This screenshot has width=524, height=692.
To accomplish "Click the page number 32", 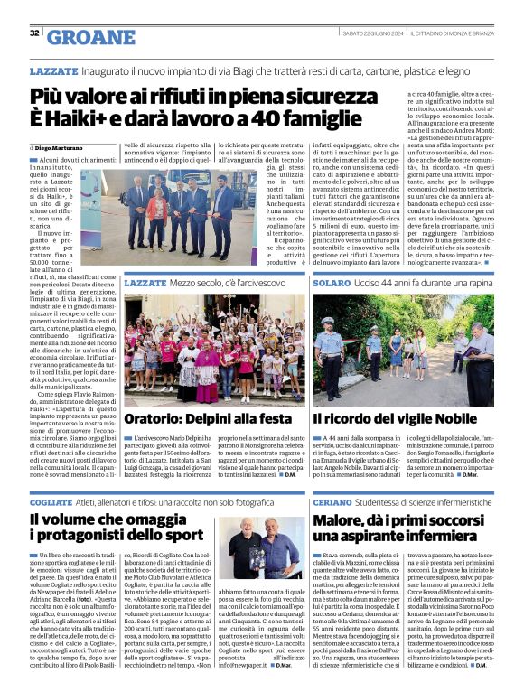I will [x=34, y=33].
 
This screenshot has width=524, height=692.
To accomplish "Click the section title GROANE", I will [x=89, y=36].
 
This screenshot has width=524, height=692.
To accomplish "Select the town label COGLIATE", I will [x=51, y=502].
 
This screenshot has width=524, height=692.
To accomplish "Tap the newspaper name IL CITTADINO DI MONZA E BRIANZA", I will [x=449, y=33].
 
